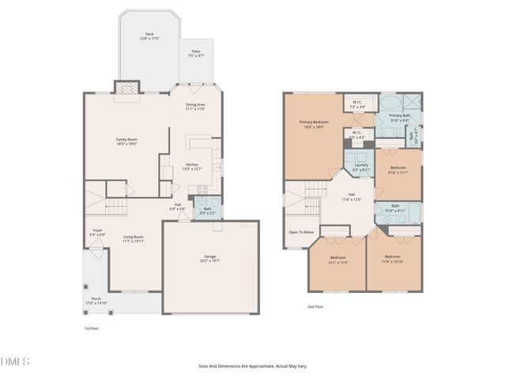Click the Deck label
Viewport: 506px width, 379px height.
click(149, 35)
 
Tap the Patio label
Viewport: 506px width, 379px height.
click(196, 54)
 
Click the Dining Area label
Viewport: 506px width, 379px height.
click(195, 105)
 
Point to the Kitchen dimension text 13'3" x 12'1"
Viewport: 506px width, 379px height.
click(193, 168)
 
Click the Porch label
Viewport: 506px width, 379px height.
click(96, 299)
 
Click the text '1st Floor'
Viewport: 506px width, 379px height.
click(92, 328)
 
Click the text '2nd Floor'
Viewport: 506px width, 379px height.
click(315, 306)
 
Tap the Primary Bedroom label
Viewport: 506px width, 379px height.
click(314, 122)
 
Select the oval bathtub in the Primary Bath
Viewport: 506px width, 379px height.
click(389, 103)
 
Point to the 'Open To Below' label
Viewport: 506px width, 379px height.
click(301, 232)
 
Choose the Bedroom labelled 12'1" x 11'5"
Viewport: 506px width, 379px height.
click(338, 258)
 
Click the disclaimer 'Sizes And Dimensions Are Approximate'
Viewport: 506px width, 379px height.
click(252, 366)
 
